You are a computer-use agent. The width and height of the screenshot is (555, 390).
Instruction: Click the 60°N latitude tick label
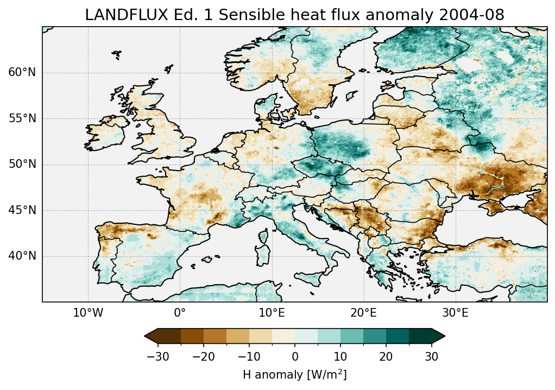[22, 73]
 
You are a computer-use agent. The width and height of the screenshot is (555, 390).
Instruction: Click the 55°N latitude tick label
[22, 118]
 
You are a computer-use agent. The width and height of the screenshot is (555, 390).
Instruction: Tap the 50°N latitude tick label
[22, 164]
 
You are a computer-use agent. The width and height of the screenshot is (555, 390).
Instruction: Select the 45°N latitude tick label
[22, 210]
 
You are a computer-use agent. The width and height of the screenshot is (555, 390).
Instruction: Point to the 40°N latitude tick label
[22, 256]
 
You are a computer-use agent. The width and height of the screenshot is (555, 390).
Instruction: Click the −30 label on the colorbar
[157, 356]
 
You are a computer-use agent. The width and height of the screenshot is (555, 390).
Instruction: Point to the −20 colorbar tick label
[203, 356]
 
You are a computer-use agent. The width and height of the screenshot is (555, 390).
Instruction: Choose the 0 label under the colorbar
[295, 356]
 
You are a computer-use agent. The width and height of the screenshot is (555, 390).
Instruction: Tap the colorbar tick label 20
[386, 356]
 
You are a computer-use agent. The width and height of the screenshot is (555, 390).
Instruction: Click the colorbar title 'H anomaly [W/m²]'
[295, 375]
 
